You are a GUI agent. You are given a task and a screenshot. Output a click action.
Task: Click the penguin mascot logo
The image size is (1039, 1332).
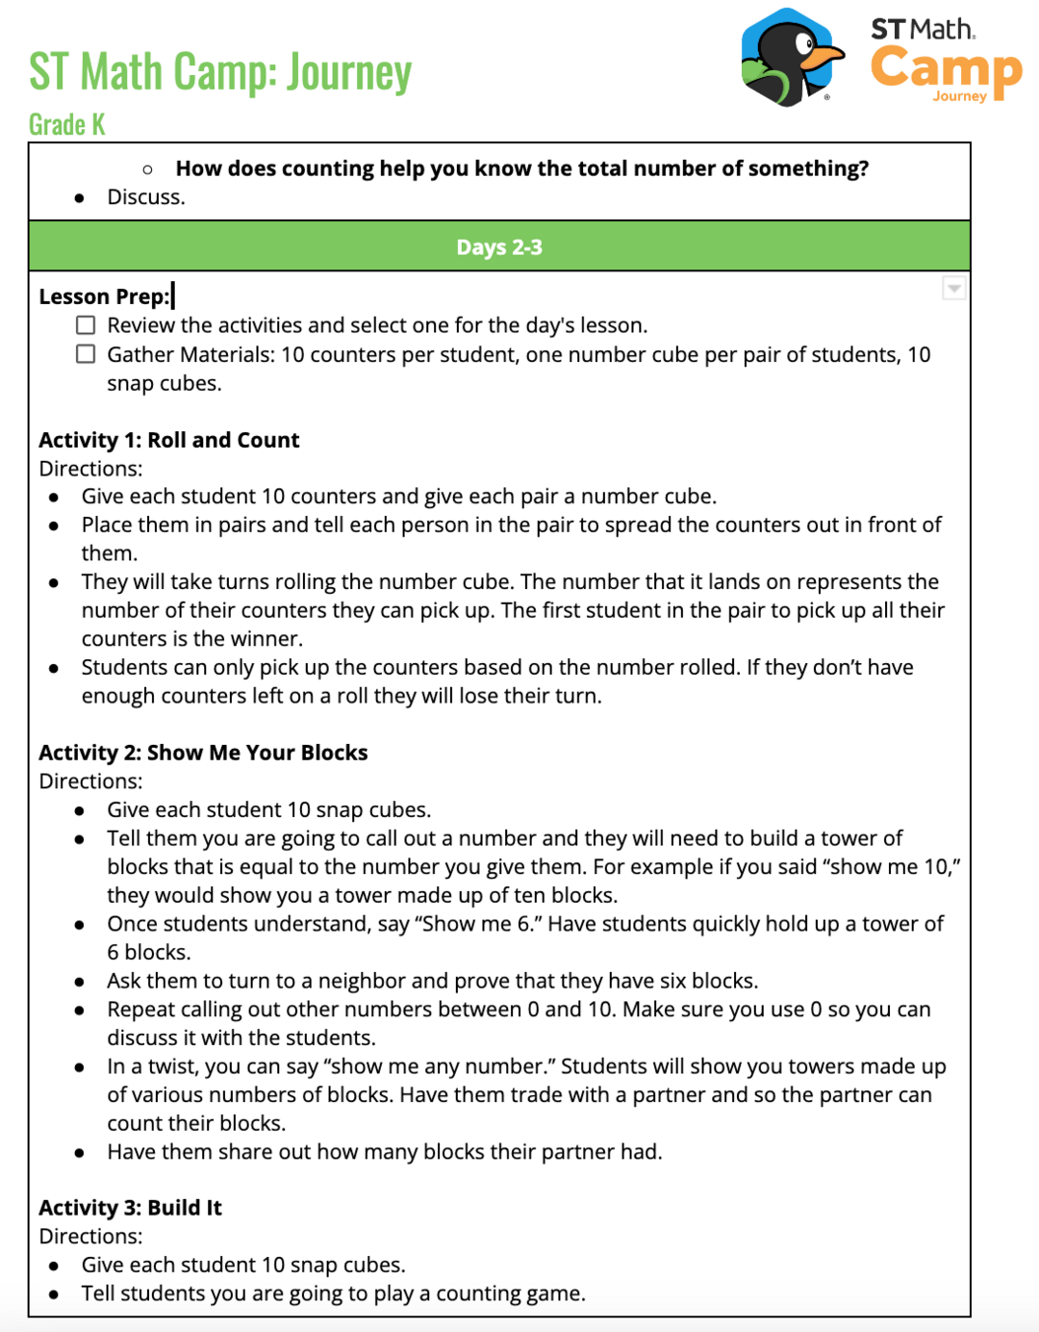click(789, 57)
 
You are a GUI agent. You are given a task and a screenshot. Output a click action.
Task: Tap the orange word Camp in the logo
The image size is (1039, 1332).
click(945, 69)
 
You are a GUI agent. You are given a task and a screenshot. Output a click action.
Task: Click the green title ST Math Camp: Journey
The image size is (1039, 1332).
click(220, 72)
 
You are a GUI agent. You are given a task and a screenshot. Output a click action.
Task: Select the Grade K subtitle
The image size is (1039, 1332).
click(66, 125)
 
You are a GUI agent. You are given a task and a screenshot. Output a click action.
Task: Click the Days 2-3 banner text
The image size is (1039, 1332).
click(499, 248)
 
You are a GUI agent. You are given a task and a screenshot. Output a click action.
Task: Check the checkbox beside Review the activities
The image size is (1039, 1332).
click(87, 326)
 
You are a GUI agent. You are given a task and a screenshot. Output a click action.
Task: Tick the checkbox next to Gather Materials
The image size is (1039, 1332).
click(87, 354)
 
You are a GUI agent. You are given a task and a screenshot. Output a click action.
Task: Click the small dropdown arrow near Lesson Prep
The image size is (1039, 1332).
click(953, 288)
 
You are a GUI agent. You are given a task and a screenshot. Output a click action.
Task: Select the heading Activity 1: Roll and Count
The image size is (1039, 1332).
click(169, 440)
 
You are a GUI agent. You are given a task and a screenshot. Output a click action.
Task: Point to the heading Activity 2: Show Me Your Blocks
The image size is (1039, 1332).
click(203, 753)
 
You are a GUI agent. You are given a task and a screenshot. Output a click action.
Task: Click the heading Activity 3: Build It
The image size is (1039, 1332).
click(130, 1208)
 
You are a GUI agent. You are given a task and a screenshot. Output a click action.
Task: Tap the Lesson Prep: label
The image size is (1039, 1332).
click(104, 297)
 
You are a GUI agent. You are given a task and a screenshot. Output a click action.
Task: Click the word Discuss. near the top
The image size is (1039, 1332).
click(146, 197)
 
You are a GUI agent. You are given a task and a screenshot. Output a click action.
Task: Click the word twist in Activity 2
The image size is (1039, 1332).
click(161, 1067)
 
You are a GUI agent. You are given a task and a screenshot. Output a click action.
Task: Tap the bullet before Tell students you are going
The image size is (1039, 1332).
click(54, 1295)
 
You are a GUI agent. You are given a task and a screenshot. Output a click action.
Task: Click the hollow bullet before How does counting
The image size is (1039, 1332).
click(147, 170)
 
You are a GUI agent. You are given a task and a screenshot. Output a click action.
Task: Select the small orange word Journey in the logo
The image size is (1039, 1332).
click(959, 97)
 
